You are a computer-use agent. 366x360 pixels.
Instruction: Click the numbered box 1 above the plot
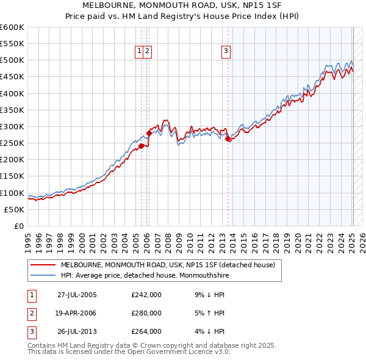pos(140,51)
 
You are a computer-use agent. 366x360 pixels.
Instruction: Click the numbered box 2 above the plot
pos(148,51)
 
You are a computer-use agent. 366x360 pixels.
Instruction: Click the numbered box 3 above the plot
pos(226,51)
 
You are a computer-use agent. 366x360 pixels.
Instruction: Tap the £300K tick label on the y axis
pos(12,126)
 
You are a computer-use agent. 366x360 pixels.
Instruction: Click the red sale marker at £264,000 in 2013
pos(228,139)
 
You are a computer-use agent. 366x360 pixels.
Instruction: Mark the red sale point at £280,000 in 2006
pos(149,133)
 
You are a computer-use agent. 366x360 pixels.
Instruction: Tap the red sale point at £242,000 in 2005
pos(141,146)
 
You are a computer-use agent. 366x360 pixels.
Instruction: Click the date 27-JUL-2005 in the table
pos(77,295)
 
